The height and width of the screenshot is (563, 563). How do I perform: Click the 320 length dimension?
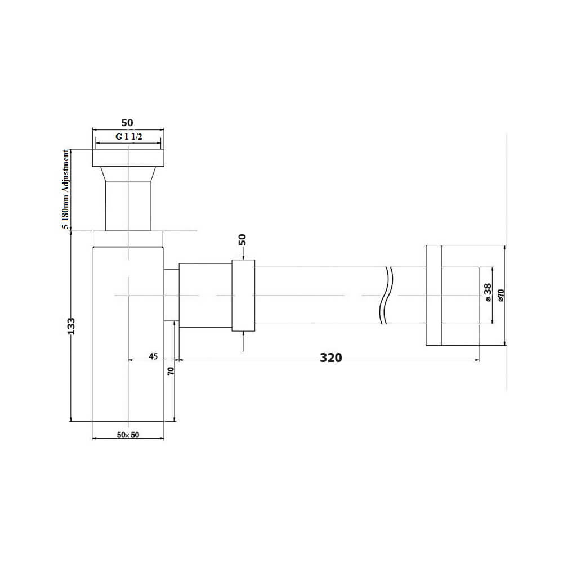[x=331, y=358]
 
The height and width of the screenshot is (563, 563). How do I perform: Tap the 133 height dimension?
[x=72, y=327]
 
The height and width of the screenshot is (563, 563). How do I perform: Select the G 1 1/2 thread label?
[x=128, y=137]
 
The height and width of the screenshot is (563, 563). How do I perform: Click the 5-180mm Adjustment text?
[x=66, y=189]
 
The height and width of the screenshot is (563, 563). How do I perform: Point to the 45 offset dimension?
[x=153, y=356]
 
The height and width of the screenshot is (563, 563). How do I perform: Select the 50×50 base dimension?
[x=128, y=435]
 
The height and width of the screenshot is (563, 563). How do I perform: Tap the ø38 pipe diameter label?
[x=488, y=292]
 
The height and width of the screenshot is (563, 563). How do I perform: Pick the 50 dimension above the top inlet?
[x=128, y=123]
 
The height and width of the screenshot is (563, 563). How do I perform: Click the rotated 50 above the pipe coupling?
[x=243, y=240]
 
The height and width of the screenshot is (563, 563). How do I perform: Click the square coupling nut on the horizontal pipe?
[x=243, y=295]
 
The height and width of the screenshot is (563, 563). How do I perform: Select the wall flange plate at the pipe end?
[x=434, y=295]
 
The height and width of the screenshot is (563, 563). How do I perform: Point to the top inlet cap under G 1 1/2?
[x=128, y=157]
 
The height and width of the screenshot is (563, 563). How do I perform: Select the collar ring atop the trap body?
[x=128, y=239]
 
